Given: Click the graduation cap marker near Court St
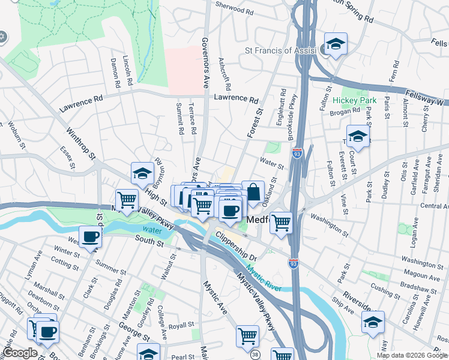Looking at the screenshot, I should tap(358, 137).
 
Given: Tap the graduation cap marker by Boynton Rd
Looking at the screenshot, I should tap(142, 174).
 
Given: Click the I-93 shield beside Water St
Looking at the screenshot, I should tap(297, 154).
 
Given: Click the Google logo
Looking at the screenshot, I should tap(20, 353).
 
